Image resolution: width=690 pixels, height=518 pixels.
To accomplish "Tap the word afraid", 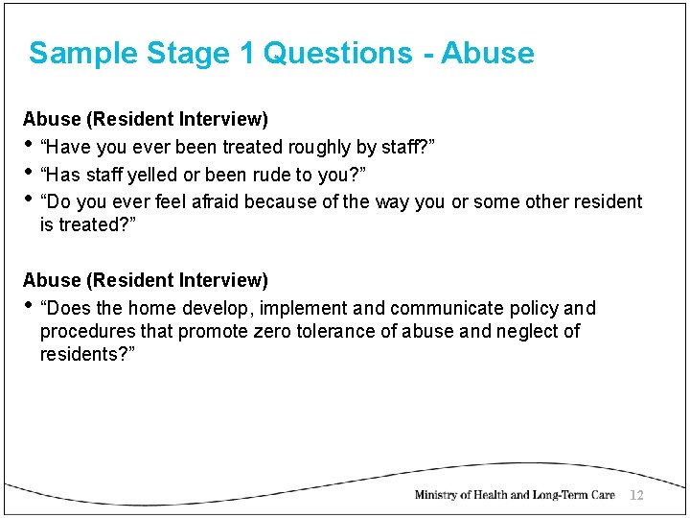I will pyautogui.click(x=212, y=201).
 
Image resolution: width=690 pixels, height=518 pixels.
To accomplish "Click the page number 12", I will pyautogui.click(x=637, y=495).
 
